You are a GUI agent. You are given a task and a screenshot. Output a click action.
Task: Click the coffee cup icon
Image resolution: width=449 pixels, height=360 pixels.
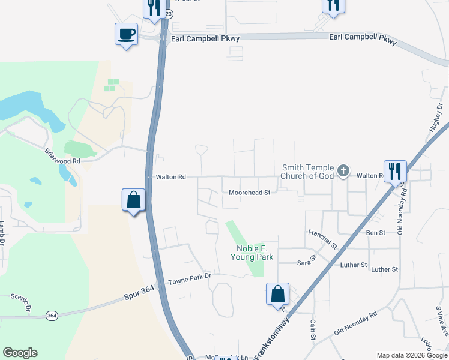pos(127,34)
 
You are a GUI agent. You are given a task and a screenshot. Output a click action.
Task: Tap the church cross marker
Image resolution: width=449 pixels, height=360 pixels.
pos(343,172)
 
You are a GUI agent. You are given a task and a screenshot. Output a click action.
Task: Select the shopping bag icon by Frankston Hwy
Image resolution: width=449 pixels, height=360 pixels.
pos(277,294)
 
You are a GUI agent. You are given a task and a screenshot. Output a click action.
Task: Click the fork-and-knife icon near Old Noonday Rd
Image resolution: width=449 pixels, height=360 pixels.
pos(395,171)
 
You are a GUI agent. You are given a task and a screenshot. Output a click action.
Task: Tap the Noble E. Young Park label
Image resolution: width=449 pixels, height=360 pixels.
pos(252,253)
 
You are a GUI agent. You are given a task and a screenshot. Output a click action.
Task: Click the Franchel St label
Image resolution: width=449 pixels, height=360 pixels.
pos(323,239)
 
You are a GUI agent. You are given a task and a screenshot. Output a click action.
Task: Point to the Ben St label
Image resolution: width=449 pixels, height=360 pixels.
pos(375,232)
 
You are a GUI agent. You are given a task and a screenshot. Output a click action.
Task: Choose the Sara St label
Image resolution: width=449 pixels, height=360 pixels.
pos(306,262)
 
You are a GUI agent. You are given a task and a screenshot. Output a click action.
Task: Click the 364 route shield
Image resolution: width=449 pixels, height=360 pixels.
pos(52,316)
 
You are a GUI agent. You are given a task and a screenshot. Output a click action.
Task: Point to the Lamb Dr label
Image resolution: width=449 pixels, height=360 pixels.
pos(2,233)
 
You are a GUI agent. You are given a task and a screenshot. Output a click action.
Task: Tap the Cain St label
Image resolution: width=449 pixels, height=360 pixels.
pos(313,330)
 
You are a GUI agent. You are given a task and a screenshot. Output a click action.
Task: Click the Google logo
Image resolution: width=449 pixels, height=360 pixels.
pos(20,353)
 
